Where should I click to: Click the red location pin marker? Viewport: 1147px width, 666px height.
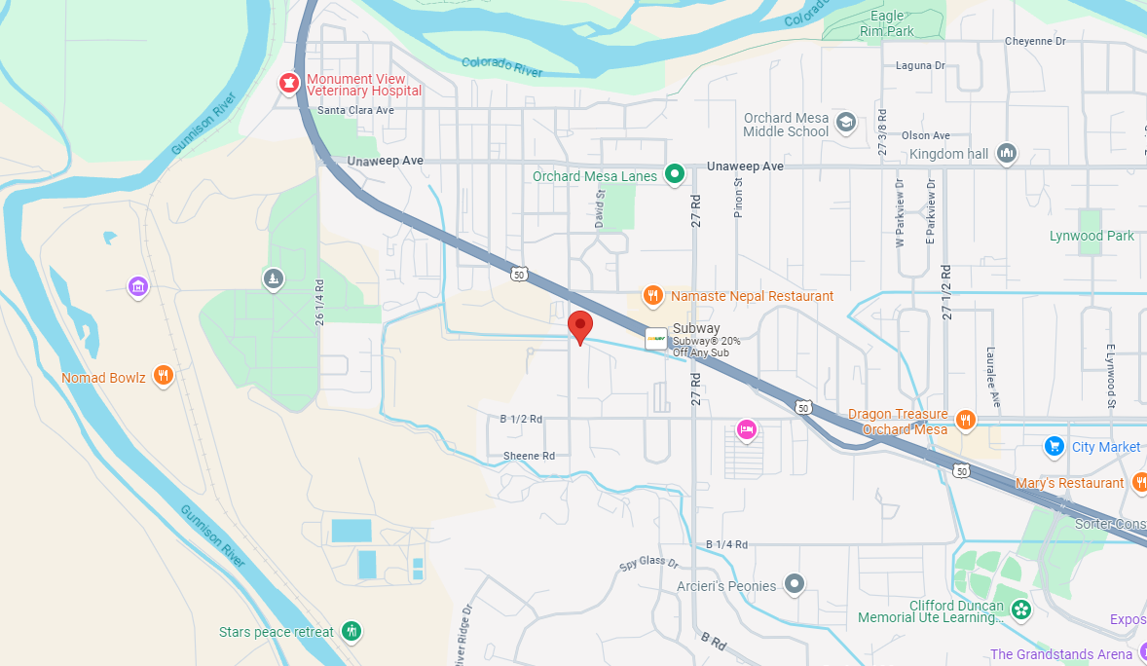tap(580, 326)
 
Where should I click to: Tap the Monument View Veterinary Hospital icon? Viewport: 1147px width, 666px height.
tap(289, 84)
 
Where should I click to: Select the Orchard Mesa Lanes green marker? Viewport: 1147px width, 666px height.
tap(674, 175)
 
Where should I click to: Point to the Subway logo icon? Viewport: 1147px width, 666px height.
tap(656, 339)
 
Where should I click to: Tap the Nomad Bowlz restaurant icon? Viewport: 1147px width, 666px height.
tap(164, 376)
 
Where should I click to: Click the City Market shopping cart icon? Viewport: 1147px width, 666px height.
tap(1054, 446)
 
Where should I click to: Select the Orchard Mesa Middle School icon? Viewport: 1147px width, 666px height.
tap(846, 122)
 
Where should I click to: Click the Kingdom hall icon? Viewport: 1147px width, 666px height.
tap(1007, 153)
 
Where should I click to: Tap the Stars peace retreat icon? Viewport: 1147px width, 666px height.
tap(352, 631)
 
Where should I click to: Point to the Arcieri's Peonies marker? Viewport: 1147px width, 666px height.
tap(795, 584)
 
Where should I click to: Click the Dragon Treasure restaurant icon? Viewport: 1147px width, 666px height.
tap(965, 419)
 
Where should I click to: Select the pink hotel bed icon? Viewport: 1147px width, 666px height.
tap(747, 428)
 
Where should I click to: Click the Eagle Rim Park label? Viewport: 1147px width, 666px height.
tap(886, 23)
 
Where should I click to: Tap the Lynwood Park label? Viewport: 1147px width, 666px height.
tap(1091, 236)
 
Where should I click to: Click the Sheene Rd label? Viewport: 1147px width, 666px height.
tap(529, 456)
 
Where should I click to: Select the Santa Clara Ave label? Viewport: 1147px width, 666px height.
tap(355, 110)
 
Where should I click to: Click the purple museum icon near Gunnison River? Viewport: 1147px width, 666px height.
tap(138, 286)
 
